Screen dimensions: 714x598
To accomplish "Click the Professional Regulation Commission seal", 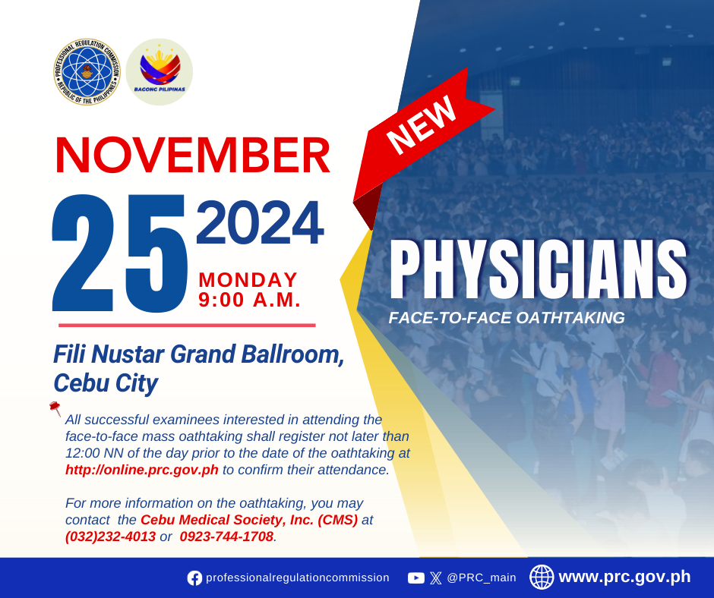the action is [x=87, y=72].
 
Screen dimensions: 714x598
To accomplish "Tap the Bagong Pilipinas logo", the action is [x=160, y=72].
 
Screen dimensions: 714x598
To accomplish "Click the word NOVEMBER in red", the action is [x=193, y=155].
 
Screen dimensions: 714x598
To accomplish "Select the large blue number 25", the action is [x=120, y=253].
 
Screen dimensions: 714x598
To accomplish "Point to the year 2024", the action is [x=260, y=222].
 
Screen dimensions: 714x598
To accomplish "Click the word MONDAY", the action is [x=248, y=280].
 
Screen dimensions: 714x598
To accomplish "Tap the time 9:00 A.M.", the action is [x=250, y=300].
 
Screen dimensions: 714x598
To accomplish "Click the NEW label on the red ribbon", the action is [x=422, y=124].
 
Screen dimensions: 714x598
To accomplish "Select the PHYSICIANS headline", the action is [x=539, y=269].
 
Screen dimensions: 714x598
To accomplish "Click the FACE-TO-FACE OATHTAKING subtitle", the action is [x=507, y=318].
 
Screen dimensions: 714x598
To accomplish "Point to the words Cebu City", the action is [x=106, y=383].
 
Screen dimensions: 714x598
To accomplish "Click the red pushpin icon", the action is [x=55, y=408].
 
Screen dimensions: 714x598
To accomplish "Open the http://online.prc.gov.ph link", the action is [x=142, y=470].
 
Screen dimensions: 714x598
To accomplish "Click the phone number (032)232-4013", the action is [x=111, y=537].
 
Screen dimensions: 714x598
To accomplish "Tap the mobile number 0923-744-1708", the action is [x=226, y=537].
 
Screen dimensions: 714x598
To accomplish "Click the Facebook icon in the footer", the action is [x=194, y=578].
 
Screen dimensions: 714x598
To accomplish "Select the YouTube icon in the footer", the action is [x=416, y=578].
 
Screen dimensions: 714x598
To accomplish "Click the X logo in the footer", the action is [x=436, y=578].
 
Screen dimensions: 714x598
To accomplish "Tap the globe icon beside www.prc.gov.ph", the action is [x=542, y=577].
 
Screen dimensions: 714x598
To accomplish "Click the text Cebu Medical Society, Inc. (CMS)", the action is [x=249, y=520].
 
